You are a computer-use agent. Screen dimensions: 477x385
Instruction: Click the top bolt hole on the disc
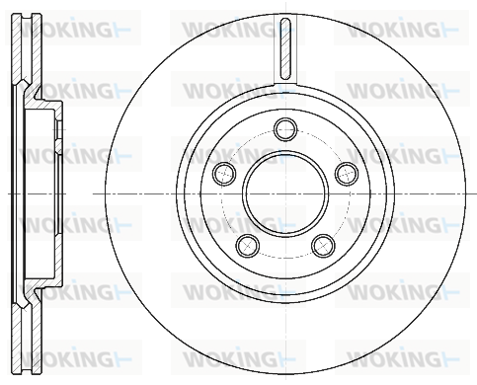point(285,129)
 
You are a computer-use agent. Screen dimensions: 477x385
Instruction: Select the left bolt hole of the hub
point(224,174)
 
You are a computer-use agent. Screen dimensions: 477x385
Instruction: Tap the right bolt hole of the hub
point(347,174)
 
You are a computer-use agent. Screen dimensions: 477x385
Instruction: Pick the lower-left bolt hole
point(248,246)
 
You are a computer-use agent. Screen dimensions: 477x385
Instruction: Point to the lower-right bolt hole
point(324,246)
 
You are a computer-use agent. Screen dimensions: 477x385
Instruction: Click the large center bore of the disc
point(285,193)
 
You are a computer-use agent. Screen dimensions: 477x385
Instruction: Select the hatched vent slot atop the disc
point(285,48)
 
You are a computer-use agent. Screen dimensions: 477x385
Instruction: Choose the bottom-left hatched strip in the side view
point(17,339)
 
